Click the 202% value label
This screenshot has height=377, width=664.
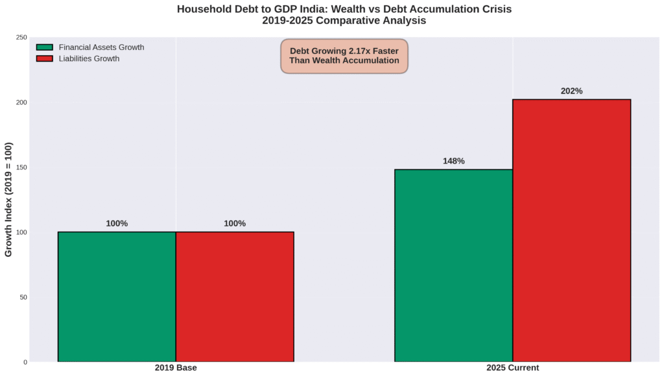click(571, 91)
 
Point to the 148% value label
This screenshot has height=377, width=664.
click(453, 161)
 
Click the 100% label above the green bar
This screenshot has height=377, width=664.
click(117, 224)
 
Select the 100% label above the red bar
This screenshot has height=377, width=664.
click(235, 224)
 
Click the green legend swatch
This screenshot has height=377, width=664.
click(44, 47)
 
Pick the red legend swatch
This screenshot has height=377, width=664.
click(44, 58)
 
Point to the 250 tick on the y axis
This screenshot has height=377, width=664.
click(21, 37)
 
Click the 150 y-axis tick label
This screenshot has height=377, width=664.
click(21, 167)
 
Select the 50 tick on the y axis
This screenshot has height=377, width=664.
click(23, 297)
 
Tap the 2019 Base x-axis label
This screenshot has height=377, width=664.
click(176, 368)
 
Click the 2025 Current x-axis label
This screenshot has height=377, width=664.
click(512, 368)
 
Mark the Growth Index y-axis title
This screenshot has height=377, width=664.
click(8, 200)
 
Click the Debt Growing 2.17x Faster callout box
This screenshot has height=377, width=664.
click(344, 55)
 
